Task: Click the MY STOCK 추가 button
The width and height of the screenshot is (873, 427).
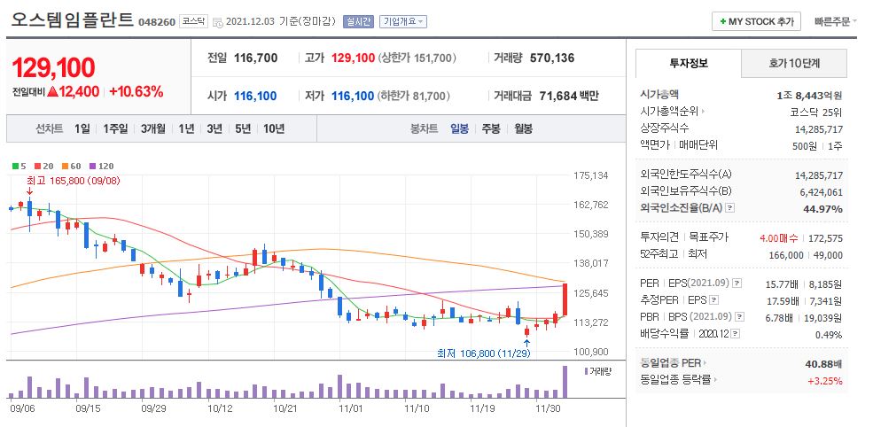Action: pos(756,21)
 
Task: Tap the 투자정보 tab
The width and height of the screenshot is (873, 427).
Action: pos(688,64)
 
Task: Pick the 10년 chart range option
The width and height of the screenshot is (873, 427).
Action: pos(274,128)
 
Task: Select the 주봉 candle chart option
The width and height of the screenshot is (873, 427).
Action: pos(490,128)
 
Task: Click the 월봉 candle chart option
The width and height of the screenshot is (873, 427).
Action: pos(523,128)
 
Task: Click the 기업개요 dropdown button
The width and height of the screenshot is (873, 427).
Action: pos(402,21)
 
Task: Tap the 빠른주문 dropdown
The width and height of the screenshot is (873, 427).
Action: pos(836,21)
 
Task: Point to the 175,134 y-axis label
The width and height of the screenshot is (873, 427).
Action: pos(590,175)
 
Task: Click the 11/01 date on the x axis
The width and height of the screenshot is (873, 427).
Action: pos(351,409)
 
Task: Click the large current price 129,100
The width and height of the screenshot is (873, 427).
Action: pos(52,66)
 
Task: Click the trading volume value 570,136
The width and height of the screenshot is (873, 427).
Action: pos(551,58)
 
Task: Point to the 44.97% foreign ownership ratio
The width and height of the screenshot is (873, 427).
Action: pos(822,208)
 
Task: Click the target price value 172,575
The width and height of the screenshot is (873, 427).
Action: pos(825,237)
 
